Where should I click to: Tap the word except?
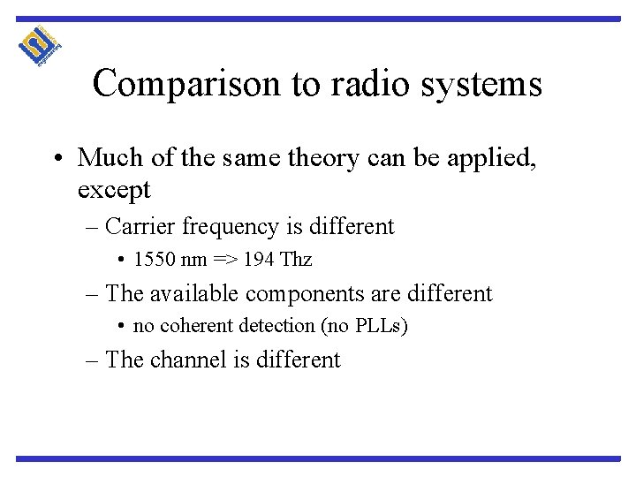(x=114, y=189)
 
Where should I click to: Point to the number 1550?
(x=150, y=261)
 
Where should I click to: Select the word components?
(x=310, y=293)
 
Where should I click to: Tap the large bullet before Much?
(x=63, y=159)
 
